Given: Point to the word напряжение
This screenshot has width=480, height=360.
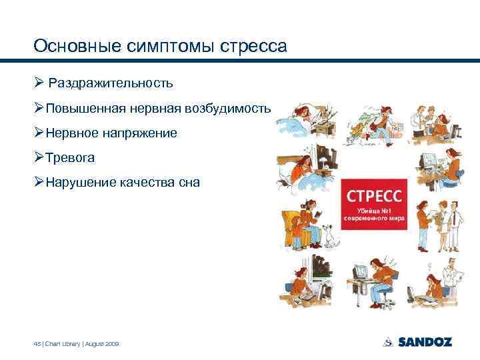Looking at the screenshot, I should pyautogui.click(x=140, y=133).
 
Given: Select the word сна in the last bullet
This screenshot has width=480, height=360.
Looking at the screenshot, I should pyautogui.click(x=188, y=182).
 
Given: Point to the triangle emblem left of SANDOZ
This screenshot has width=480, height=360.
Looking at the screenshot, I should pyautogui.click(x=388, y=342).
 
